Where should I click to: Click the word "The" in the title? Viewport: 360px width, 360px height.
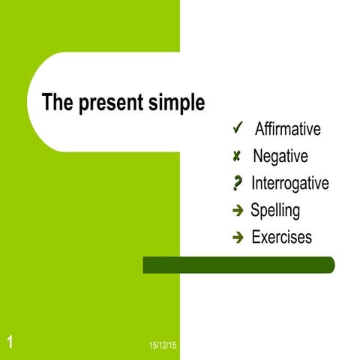pos(56,102)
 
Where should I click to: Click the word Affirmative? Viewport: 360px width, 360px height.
pos(287,129)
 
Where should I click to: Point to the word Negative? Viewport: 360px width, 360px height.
pos(280,157)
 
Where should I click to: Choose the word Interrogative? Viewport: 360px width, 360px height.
pos(289,183)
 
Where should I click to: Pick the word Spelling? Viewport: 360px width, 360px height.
pos(275,211)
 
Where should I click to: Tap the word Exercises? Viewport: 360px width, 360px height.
pos(281,238)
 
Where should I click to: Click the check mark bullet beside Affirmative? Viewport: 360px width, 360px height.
pos(237,128)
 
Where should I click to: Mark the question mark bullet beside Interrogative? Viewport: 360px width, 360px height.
pos(238,183)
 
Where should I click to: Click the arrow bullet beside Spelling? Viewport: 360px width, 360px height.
pos(238,211)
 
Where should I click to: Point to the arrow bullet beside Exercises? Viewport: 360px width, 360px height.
pos(238,238)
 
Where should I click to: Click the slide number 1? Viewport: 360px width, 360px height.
pos(10,343)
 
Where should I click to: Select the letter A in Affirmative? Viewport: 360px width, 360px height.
pos(260,129)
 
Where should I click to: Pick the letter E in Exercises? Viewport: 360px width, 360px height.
pos(256,238)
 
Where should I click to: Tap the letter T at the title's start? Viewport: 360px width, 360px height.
pos(46,102)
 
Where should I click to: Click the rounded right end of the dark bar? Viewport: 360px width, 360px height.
pos(329,265)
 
